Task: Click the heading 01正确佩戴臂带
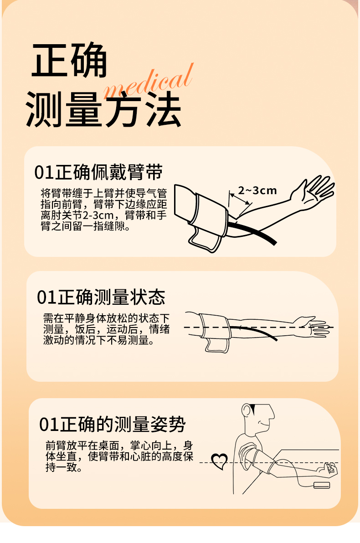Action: click(98, 172)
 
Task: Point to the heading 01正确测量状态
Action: click(101, 297)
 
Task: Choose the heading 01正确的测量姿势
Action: click(112, 424)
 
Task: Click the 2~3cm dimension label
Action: click(257, 190)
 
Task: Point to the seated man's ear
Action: click(247, 411)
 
